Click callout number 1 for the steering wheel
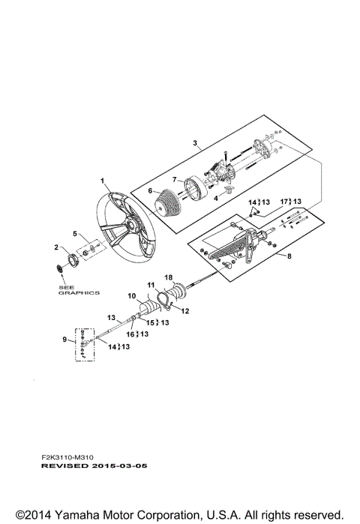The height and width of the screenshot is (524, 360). click(x=103, y=181)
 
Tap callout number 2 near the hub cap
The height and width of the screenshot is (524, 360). click(x=55, y=247)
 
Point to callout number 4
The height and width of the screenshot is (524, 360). click(x=217, y=198)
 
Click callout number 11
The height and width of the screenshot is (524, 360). click(x=150, y=286)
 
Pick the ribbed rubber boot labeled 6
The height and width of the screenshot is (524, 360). click(x=169, y=207)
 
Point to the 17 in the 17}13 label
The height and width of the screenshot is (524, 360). click(x=283, y=202)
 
